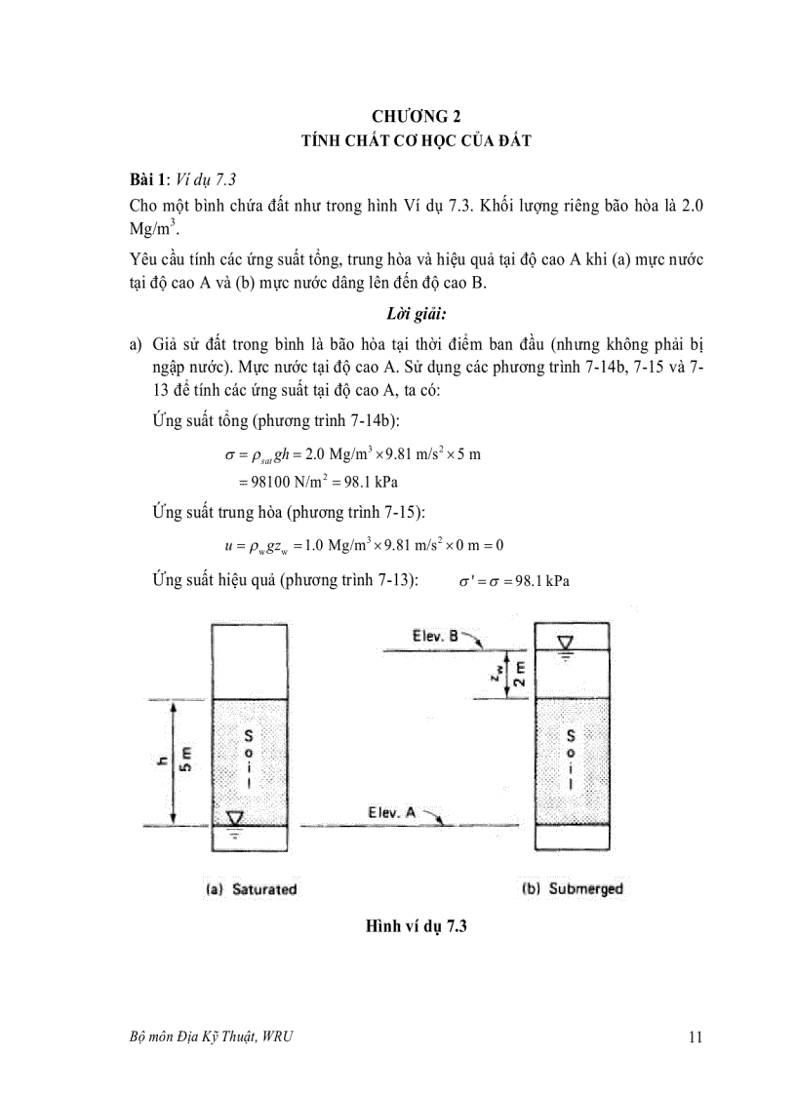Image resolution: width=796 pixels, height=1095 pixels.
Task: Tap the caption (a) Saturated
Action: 250,889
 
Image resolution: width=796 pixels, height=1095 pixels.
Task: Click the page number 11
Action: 695,1037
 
